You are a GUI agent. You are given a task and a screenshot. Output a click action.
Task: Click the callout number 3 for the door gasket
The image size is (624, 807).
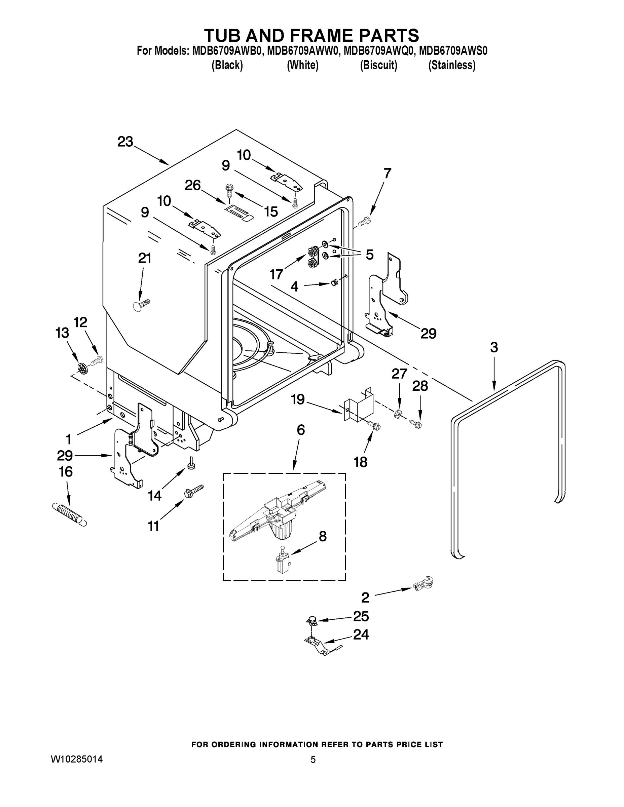(x=494, y=347)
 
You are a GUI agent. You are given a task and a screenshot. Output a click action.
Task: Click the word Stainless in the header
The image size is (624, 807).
(x=451, y=66)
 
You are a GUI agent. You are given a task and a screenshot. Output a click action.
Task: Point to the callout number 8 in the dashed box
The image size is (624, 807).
(x=323, y=536)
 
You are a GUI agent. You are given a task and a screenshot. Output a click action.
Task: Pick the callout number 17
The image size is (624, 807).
(x=276, y=274)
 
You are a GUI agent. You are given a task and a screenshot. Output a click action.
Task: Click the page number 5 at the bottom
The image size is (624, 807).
(x=313, y=760)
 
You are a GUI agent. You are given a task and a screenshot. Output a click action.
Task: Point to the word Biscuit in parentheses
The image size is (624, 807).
(x=378, y=66)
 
